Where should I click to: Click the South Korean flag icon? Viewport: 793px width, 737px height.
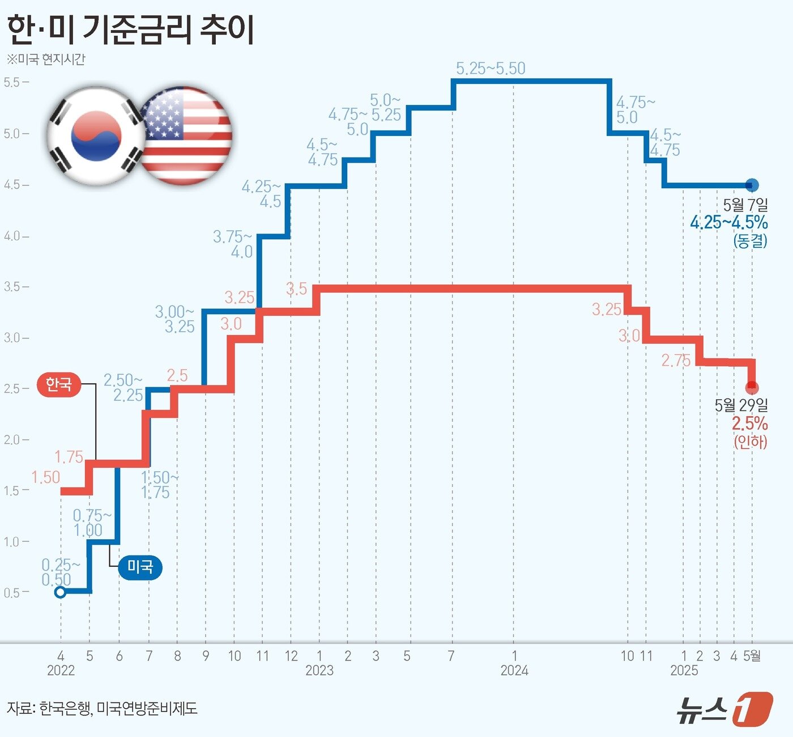[x=95, y=136]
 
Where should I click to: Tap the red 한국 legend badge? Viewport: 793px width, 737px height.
[x=58, y=384]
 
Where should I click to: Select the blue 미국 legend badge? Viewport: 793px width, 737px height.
[x=140, y=566]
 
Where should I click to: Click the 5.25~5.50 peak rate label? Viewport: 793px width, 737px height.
[x=491, y=69]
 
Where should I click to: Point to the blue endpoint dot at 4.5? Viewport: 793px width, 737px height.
[x=752, y=185]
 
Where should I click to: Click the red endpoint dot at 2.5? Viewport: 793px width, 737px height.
[x=752, y=388]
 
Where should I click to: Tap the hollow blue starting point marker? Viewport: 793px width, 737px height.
[x=60, y=592]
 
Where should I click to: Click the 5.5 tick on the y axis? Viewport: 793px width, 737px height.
[x=12, y=82]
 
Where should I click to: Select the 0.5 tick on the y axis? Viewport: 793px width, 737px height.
[x=12, y=592]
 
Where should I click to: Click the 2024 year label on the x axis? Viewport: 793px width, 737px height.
[x=514, y=671]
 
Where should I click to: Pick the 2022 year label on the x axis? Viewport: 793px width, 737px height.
[x=61, y=671]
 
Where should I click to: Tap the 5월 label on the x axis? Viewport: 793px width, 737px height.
[x=752, y=656]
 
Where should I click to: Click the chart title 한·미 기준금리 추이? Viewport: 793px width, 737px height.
[x=130, y=29]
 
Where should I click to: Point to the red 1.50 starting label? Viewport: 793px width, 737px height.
[x=45, y=477]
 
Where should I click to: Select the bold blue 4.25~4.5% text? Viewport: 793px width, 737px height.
[x=728, y=222]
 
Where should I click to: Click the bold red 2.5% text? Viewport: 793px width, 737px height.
[x=749, y=423]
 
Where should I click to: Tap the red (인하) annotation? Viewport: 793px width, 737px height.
[x=751, y=441]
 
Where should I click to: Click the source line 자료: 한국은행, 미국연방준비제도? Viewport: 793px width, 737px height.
[x=102, y=708]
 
